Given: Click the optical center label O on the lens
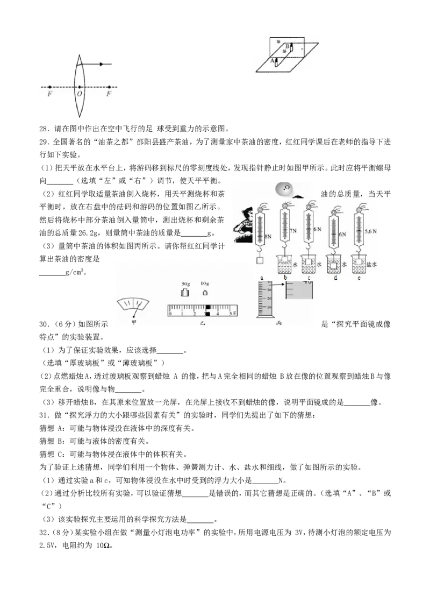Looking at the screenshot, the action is [x=80, y=94].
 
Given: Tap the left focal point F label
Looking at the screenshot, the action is [x=49, y=94].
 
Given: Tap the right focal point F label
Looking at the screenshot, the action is [x=109, y=94].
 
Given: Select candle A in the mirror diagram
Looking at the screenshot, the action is [x=276, y=62].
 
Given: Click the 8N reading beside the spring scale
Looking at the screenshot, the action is [x=268, y=236].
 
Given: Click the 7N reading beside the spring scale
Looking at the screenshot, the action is [x=293, y=231].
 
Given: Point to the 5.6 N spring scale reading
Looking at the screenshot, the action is [x=371, y=231].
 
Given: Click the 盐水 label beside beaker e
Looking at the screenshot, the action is [x=371, y=265].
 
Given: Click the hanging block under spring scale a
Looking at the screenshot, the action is [x=260, y=260].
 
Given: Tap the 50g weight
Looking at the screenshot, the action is [x=185, y=292].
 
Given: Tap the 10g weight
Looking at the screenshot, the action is [x=205, y=292].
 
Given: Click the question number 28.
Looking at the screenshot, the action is [x=45, y=129].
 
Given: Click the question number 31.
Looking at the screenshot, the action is [x=45, y=415].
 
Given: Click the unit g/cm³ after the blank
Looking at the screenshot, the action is [x=75, y=272].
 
